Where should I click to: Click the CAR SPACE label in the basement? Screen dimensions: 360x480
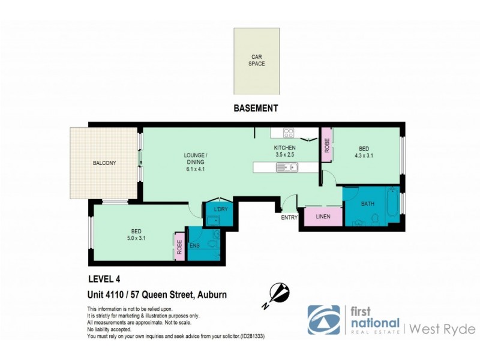tap(257, 61)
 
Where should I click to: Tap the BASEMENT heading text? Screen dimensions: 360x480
tap(256, 109)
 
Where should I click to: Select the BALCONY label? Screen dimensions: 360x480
tap(104, 163)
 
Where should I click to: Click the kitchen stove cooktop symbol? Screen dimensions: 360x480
tap(288, 133)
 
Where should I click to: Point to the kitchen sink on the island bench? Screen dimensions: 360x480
tap(285, 167)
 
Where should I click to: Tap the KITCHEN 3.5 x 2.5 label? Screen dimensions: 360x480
tap(285, 151)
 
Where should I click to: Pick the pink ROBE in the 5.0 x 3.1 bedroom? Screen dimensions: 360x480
tap(179, 246)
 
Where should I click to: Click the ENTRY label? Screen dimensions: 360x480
tap(289, 217)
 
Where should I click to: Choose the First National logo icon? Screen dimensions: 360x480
tap(323, 320)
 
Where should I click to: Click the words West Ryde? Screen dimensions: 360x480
tap(443, 329)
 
